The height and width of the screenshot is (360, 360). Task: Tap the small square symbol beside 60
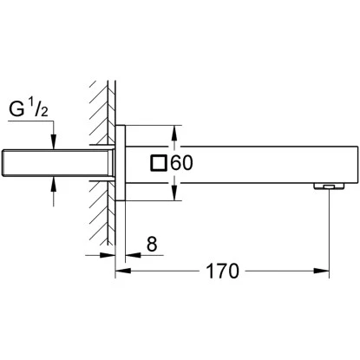160,163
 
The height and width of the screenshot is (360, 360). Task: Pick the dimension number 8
153,245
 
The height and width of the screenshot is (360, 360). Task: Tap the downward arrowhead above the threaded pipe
54,145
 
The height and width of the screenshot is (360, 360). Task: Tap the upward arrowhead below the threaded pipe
54,181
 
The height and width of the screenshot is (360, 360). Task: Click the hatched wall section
101,156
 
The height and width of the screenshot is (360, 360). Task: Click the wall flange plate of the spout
122,163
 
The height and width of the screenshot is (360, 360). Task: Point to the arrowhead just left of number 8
132,257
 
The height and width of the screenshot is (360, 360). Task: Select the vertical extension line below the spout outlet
331,234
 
